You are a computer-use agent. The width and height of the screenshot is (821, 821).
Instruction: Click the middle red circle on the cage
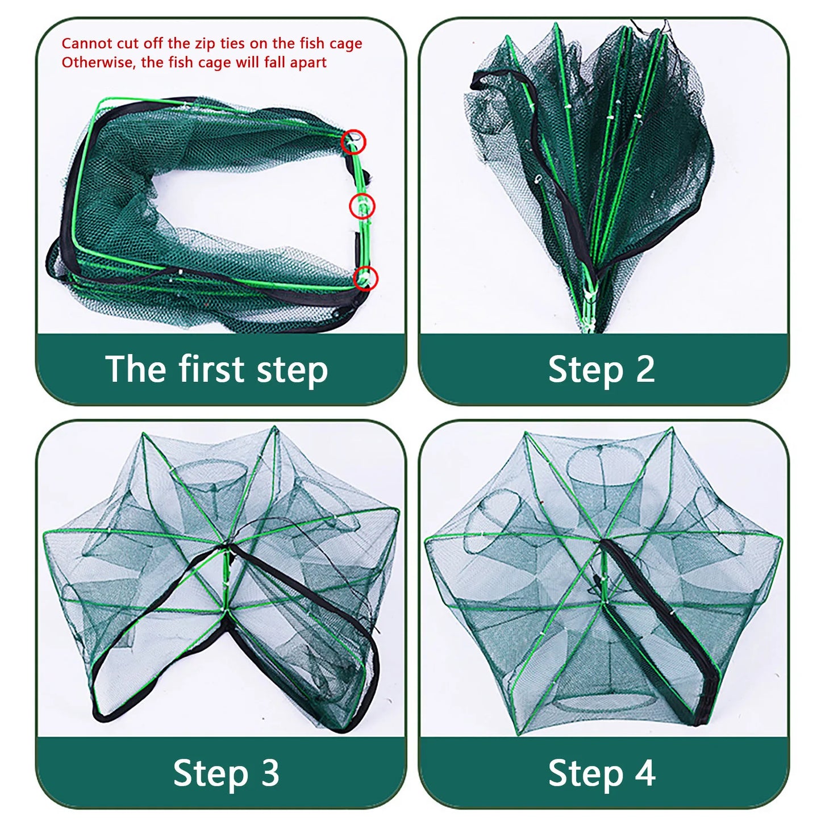coord(362,206)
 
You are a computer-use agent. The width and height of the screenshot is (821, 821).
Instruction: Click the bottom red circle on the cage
coord(365,278)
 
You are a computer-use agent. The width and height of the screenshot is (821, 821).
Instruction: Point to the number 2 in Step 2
coord(645,369)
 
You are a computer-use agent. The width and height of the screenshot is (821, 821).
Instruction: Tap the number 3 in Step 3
coord(269,773)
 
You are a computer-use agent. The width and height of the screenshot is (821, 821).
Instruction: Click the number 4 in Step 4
coord(645,773)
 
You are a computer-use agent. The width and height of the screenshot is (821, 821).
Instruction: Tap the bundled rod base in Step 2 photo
coord(588,307)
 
